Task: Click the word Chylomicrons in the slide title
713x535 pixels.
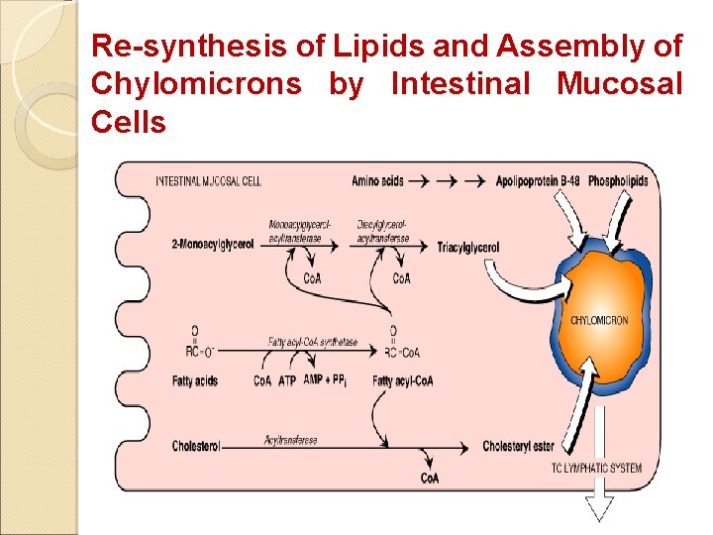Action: tap(196, 84)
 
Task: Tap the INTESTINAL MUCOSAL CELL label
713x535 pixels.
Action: tap(208, 181)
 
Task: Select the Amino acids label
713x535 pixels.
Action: tap(377, 181)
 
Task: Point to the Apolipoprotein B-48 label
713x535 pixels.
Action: tap(537, 181)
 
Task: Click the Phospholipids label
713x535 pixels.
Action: tap(618, 181)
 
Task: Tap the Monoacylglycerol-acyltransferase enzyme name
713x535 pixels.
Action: tap(300, 230)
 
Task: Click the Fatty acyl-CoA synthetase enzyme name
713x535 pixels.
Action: tap(312, 341)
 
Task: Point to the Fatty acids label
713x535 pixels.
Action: tap(194, 380)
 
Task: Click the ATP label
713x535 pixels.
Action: tap(287, 380)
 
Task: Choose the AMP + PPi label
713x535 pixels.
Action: tap(326, 380)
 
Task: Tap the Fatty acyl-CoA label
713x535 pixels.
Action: tap(402, 380)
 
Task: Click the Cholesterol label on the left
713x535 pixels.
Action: tap(195, 446)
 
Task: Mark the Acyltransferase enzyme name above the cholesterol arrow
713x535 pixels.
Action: tap(290, 439)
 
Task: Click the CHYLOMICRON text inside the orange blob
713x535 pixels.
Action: tap(599, 320)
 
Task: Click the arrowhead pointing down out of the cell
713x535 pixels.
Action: tap(599, 508)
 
